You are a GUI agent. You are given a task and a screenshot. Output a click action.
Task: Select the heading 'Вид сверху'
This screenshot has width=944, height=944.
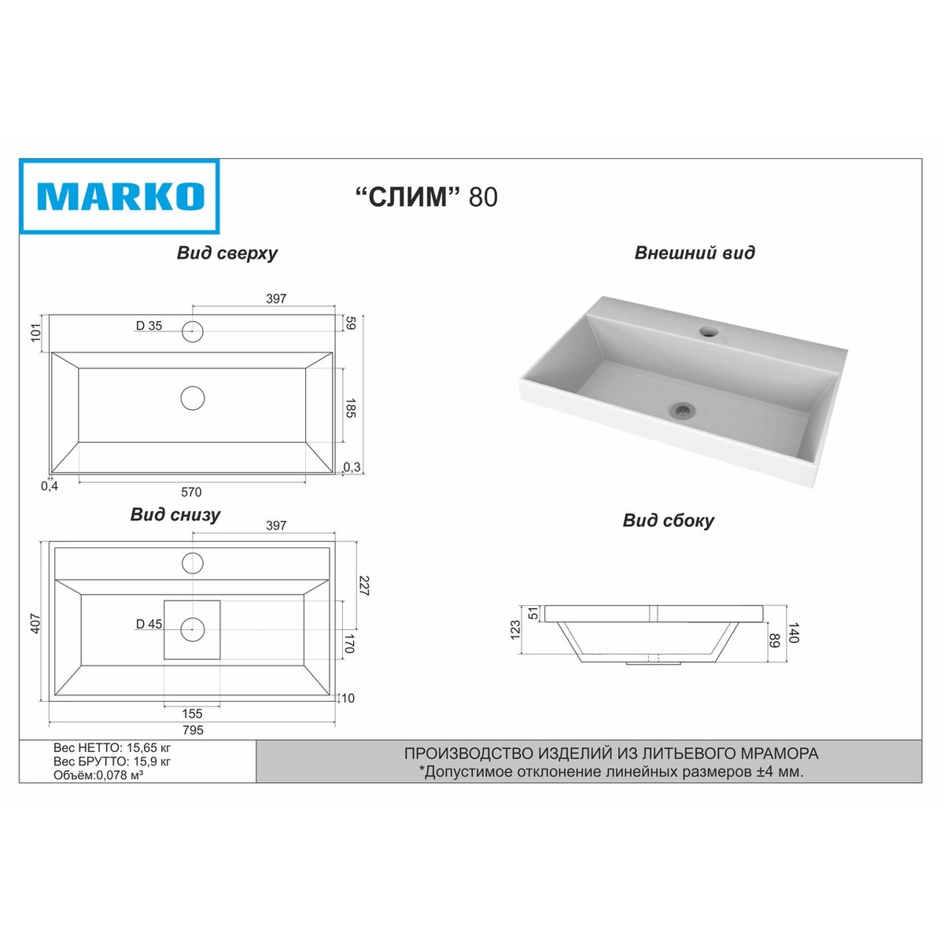227,253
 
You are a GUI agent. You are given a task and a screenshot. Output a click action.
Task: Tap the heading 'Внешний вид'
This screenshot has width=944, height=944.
694,253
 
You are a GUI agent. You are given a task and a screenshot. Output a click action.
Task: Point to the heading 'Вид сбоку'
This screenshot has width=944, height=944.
668,520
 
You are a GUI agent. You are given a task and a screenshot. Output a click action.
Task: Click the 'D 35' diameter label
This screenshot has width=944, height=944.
149,326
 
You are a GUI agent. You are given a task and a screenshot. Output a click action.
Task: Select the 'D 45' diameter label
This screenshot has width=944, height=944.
149,624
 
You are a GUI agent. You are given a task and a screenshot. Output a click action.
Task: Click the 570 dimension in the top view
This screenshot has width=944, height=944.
191,492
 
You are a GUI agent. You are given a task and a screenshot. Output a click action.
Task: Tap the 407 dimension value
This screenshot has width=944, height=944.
35,624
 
